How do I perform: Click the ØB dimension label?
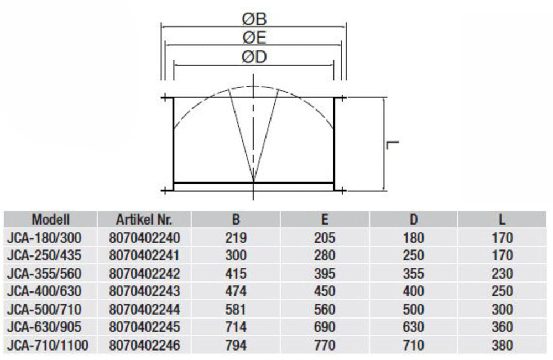click(254, 19)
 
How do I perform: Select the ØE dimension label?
click(254, 38)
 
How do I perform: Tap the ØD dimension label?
click(254, 57)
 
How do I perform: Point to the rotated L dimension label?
click(393, 145)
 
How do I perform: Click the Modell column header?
click(50, 220)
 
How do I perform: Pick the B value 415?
click(236, 274)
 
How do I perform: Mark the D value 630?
click(413, 327)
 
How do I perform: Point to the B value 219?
click(236, 238)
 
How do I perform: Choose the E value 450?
click(325, 291)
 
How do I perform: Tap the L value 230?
click(502, 274)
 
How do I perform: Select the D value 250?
click(413, 255)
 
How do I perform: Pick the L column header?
click(502, 220)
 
